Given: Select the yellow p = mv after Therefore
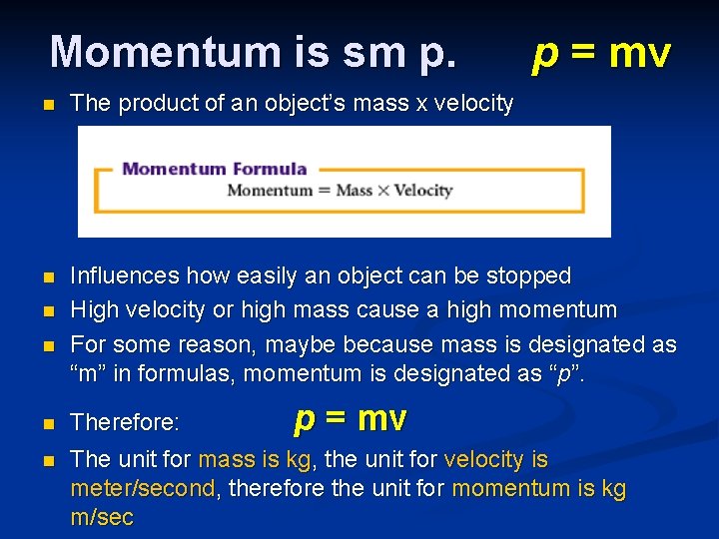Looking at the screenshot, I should [351, 419].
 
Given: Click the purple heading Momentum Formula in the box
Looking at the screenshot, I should [214, 168].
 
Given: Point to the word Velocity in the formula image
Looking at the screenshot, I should [422, 191].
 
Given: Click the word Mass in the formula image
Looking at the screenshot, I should [354, 191].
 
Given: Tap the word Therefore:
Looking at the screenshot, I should [125, 423].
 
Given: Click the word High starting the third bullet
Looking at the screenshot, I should [91, 310].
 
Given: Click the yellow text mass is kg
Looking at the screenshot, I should [258, 460].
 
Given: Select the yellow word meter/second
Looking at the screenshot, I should [143, 489].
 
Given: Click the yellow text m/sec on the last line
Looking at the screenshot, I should [101, 518].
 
